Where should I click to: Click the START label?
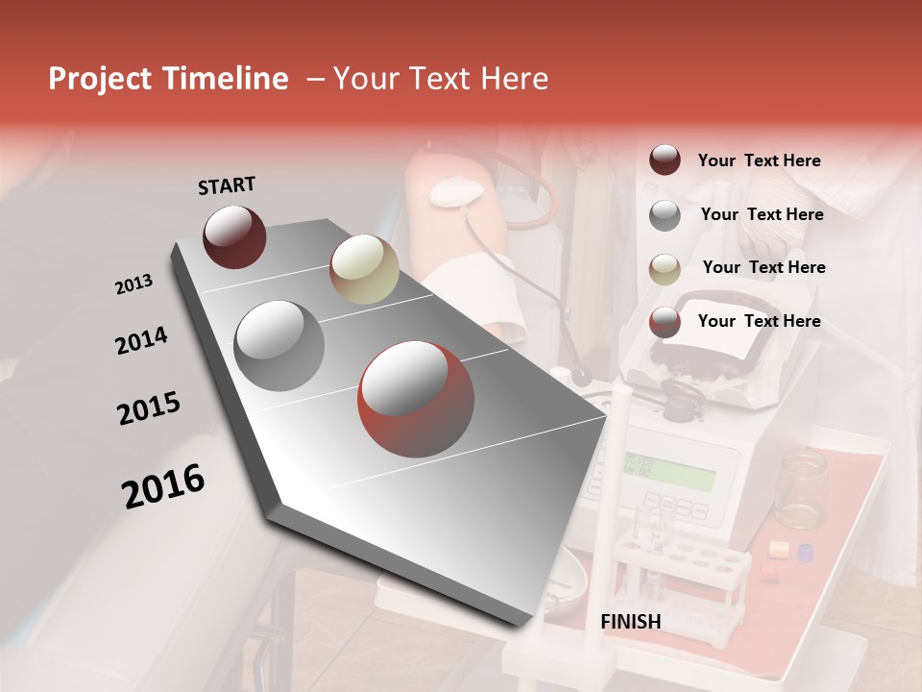pos(227,185)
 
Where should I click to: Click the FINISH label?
pos(631,622)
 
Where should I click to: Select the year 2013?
pos(134,284)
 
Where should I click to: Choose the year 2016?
pos(163,486)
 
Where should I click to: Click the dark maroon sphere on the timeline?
pos(234,236)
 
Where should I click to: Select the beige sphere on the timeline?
pos(364,269)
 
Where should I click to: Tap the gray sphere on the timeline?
pos(279,345)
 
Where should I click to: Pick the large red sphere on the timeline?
pos(416,400)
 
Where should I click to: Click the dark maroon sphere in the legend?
pos(665,161)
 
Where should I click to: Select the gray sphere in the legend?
pos(665,215)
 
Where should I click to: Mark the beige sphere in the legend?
pos(665,268)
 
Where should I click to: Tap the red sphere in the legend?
pos(665,322)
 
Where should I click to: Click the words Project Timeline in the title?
pos(168,79)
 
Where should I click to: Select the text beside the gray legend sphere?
pos(762,214)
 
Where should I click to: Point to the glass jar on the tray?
pos(801,489)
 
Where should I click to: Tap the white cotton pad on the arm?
pos(455,192)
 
